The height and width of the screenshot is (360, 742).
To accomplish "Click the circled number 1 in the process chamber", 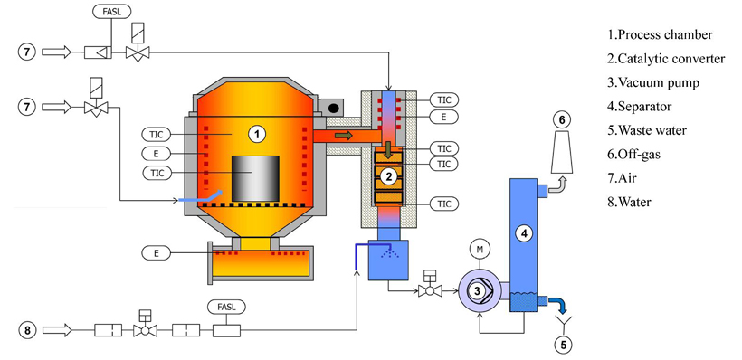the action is [x=257, y=135].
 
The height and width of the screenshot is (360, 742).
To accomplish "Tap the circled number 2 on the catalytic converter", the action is [x=388, y=176].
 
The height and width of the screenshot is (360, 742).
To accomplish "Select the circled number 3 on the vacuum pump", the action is [x=478, y=291].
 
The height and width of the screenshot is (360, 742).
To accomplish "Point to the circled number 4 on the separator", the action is [x=524, y=232].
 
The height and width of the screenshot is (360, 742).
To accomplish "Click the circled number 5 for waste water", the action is [x=563, y=345].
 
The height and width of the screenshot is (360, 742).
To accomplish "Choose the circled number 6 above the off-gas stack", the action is [x=562, y=120].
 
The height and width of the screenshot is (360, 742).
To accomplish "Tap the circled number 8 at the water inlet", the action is [x=27, y=330].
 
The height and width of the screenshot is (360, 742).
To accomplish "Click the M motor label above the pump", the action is [x=480, y=250].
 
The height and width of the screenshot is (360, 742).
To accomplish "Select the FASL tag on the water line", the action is [x=226, y=307].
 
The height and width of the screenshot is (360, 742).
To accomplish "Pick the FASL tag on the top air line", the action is [x=111, y=11].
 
